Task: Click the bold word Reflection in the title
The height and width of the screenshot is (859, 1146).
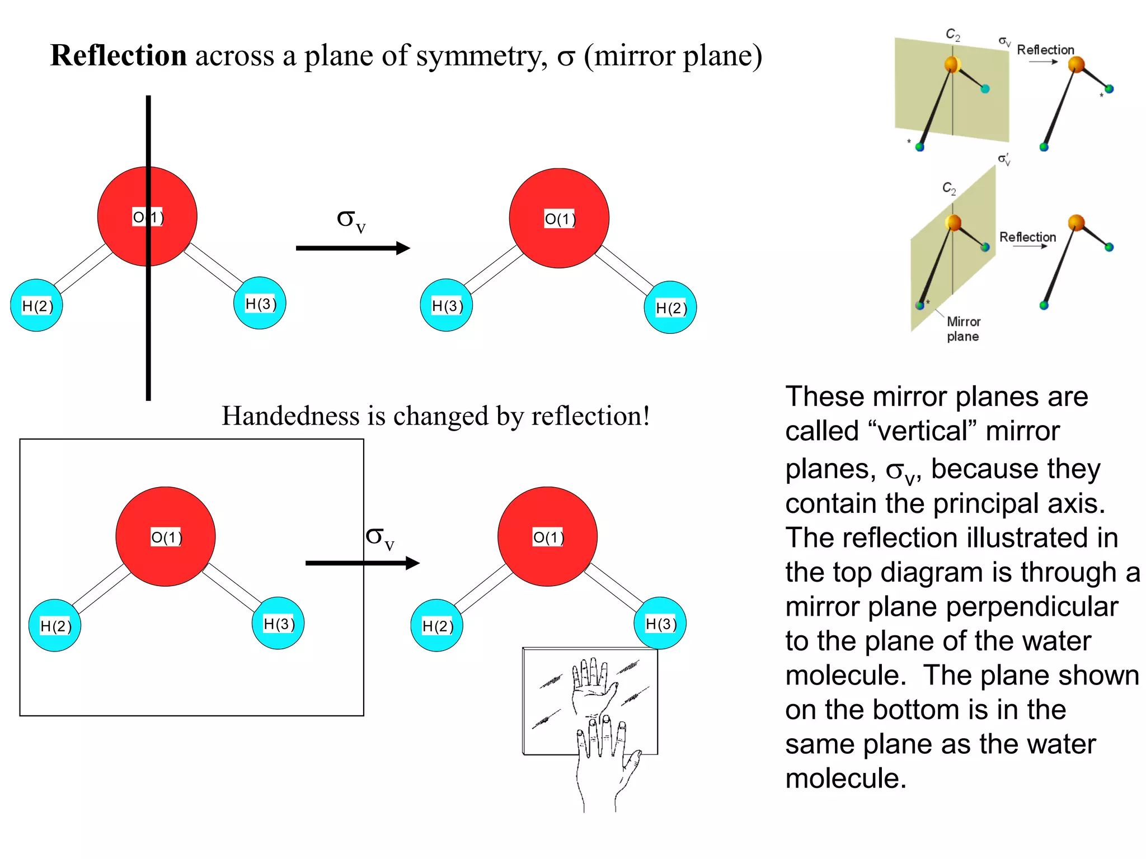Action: (119, 56)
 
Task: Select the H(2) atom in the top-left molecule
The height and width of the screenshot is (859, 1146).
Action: (36, 305)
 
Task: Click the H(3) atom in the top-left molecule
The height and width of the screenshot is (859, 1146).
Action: (260, 303)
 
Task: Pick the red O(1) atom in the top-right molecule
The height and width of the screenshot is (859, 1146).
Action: (559, 218)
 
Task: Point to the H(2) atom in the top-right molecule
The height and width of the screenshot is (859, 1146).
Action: (670, 307)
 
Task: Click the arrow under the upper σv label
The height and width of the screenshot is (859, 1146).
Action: (353, 248)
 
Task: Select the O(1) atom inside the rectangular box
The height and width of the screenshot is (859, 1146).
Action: (166, 537)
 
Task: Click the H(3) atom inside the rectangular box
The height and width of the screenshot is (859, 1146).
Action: (278, 623)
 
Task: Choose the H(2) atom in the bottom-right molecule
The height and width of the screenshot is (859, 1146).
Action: (436, 625)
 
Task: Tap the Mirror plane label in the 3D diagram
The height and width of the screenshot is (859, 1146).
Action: (963, 329)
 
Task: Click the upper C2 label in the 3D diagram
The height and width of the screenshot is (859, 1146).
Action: (952, 35)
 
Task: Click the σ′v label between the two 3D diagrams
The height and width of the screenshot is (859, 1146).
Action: (1004, 159)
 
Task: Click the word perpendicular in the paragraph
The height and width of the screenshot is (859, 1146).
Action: (1008, 607)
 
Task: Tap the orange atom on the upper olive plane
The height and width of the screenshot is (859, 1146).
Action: (952, 64)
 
